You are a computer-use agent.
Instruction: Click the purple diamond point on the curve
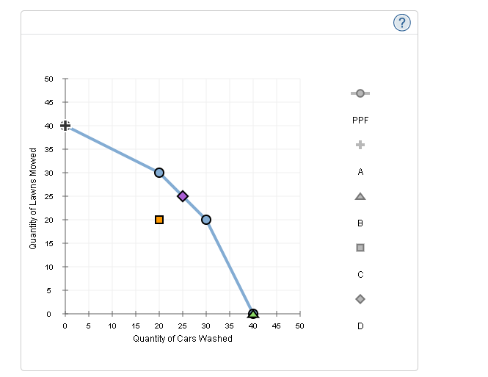click(183, 195)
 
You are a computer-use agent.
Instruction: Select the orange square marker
click(159, 220)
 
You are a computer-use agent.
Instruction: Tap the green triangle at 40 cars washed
click(253, 315)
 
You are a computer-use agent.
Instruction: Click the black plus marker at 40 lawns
click(65, 126)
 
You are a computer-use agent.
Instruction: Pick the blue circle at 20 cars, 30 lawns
click(159, 173)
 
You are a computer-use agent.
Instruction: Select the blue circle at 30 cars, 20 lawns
click(206, 220)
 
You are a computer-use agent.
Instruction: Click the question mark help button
click(401, 24)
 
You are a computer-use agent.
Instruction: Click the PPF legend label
click(360, 120)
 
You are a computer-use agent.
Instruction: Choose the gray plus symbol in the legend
click(360, 145)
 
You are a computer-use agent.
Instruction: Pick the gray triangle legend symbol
click(360, 196)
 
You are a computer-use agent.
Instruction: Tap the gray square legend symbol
click(360, 248)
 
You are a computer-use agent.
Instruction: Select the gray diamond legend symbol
click(360, 299)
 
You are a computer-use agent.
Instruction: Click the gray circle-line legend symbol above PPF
click(360, 93)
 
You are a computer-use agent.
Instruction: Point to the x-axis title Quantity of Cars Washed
click(183, 339)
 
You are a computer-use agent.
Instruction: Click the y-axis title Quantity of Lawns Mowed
click(33, 198)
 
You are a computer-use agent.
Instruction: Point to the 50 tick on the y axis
click(49, 79)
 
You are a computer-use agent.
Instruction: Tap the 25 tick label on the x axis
click(183, 326)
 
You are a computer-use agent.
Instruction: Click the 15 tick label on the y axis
click(49, 243)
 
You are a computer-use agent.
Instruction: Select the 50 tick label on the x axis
click(299, 326)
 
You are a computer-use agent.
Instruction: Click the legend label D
click(360, 326)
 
